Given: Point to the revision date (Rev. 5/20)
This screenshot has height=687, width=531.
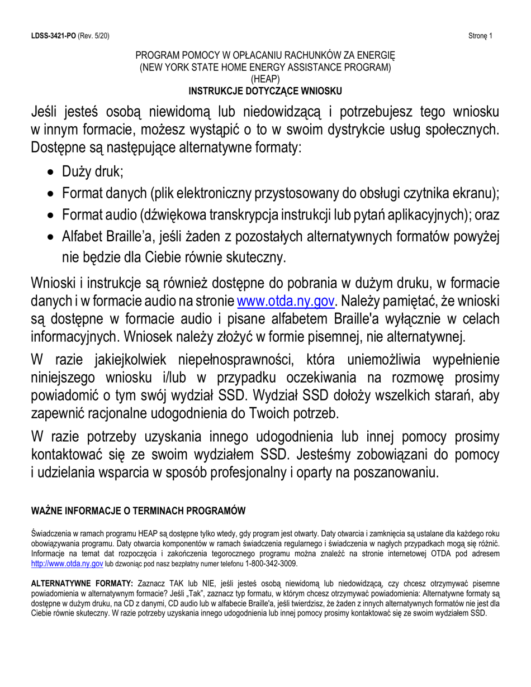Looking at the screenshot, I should point(93,36).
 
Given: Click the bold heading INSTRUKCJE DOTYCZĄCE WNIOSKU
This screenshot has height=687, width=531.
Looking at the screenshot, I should point(265,90).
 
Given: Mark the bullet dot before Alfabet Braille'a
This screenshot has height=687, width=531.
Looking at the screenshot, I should point(51,237).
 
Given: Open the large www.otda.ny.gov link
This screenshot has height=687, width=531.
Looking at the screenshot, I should point(286,302).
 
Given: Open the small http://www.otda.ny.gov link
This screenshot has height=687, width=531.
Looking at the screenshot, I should point(67,564).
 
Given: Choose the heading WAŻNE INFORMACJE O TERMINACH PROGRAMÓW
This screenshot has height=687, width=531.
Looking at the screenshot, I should point(138,511).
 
